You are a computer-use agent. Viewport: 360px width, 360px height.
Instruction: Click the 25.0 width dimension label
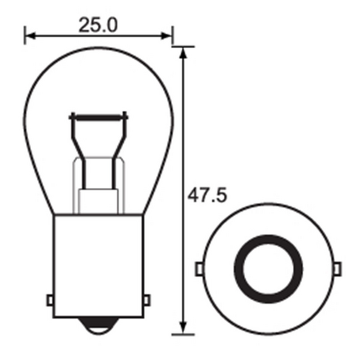click(x=98, y=26)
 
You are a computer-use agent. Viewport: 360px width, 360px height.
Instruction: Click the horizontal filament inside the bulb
click(x=99, y=116)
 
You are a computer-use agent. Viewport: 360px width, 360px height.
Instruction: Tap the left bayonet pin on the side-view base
click(x=50, y=298)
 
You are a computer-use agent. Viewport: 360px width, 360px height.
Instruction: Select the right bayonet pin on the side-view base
click(x=148, y=298)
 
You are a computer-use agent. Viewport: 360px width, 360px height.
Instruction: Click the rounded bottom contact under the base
click(x=99, y=326)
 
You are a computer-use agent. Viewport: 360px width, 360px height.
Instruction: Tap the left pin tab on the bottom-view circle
click(x=199, y=268)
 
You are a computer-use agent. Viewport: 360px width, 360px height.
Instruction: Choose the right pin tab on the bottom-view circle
click(x=335, y=268)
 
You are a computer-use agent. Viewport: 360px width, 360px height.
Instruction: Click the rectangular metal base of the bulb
click(x=99, y=266)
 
